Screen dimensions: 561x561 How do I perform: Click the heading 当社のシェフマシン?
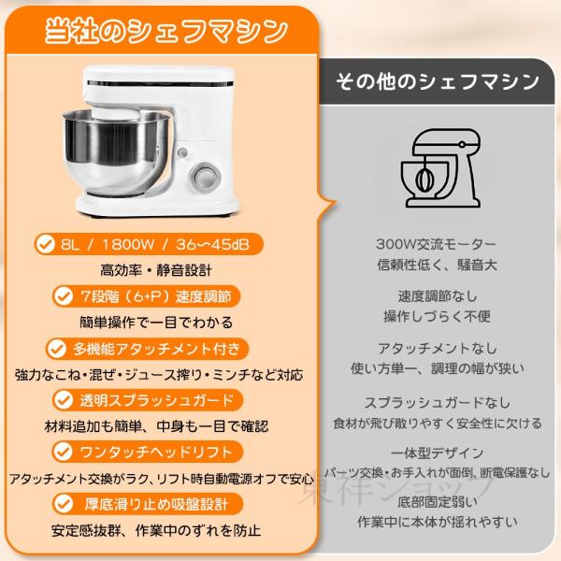[166, 32]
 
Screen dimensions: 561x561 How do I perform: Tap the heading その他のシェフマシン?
[438, 81]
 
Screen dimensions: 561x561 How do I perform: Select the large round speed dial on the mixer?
[205, 177]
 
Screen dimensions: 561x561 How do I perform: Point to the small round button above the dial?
[182, 152]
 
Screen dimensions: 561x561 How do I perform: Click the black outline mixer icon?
[440, 168]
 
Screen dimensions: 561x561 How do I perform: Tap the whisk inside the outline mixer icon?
[424, 179]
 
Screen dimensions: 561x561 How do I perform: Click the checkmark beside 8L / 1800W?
[46, 244]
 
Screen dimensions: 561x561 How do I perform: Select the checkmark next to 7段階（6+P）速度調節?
[64, 296]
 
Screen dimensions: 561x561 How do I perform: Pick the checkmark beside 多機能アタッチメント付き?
[56, 349]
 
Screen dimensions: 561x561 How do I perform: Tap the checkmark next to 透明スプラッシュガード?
[64, 400]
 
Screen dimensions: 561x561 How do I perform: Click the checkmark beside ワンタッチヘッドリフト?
[64, 452]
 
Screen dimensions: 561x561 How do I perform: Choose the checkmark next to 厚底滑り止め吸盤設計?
[64, 504]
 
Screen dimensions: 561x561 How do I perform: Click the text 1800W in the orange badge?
[128, 245]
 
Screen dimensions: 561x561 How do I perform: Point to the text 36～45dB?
[212, 245]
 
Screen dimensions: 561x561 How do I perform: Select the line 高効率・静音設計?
[156, 270]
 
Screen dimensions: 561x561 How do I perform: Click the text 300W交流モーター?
[436, 244]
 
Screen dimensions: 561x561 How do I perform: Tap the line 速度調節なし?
[438, 296]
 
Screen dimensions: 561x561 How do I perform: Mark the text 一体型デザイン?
[437, 453]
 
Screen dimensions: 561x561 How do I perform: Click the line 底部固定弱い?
[438, 502]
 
